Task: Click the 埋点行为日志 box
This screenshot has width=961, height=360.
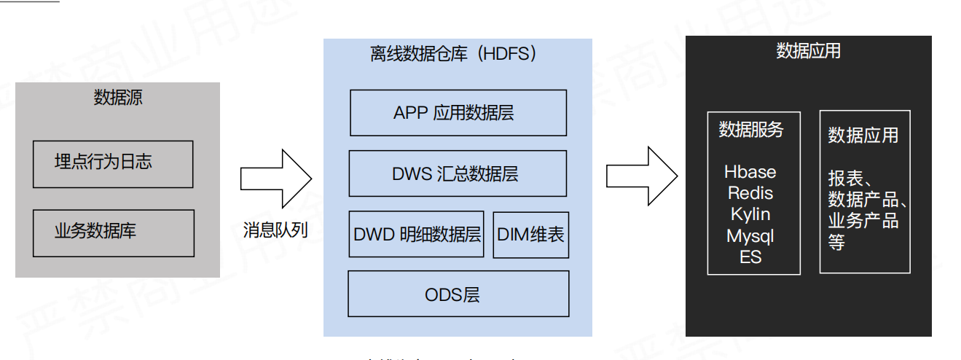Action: point(113,164)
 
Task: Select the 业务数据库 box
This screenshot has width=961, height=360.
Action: point(113,233)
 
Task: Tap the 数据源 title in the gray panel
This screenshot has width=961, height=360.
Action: point(118,98)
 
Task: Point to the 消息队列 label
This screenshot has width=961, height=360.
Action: point(275,231)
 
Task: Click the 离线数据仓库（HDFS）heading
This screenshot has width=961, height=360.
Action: point(457,55)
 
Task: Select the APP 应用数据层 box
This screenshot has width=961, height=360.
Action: point(458,113)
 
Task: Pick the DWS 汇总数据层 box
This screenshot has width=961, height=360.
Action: point(458,173)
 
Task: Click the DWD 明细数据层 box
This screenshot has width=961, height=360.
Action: point(416,235)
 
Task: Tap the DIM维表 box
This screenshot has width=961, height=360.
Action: point(530,235)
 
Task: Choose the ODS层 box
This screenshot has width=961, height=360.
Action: point(458,294)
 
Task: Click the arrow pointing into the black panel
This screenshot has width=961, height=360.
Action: point(642,176)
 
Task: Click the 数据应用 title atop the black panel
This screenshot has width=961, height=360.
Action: point(808,51)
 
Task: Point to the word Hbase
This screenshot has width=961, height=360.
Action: point(750,173)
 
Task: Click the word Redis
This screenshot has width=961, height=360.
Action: point(750,194)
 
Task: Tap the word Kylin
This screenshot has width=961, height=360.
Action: point(750,215)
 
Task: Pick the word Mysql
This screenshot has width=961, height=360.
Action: point(750,236)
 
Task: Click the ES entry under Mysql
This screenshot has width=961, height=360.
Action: point(750,257)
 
